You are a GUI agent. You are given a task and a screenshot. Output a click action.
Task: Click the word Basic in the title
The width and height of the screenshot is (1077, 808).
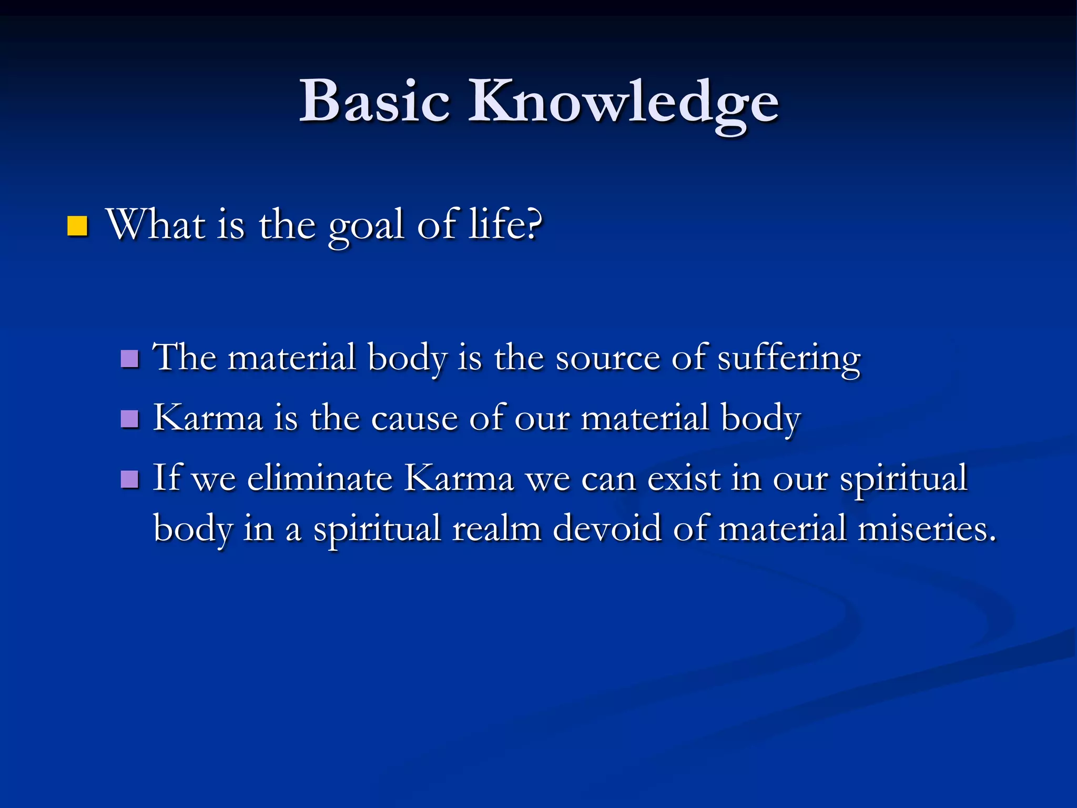pos(374,101)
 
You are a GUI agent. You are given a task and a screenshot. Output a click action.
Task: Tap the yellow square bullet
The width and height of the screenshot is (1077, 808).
pos(77,226)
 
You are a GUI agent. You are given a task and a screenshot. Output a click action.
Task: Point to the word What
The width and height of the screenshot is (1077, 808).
pos(156,225)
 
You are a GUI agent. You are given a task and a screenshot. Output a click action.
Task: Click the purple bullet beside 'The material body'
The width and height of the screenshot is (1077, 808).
pos(129,359)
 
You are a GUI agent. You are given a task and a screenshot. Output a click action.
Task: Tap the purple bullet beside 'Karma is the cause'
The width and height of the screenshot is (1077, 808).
pos(129,419)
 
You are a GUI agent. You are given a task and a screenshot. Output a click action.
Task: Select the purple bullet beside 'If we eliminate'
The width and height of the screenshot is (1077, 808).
pos(129,479)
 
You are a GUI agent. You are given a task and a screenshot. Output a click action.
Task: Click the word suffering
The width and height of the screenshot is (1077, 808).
pos(789,359)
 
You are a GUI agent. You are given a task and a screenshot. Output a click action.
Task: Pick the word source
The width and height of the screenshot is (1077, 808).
pos(607,359)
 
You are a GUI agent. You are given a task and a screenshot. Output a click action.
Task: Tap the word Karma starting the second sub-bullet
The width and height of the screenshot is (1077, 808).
pos(208,418)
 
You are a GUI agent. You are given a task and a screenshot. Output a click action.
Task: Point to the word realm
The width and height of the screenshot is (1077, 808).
pos(496,529)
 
